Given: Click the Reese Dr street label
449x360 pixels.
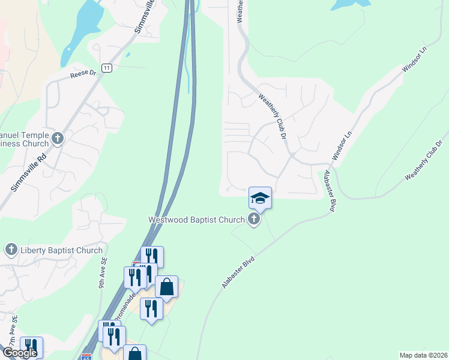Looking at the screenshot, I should tap(83, 74).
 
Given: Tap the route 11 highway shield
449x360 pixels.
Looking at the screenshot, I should tap(107, 68).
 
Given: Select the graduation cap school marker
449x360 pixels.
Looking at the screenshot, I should tap(261, 197).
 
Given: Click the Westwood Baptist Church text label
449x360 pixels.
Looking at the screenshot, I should tap(197, 220).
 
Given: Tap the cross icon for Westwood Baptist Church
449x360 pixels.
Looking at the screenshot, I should tap(254, 219).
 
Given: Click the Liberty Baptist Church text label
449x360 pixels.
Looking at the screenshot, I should tap(61, 250).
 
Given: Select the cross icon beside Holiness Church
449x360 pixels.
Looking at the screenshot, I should tap(58, 139).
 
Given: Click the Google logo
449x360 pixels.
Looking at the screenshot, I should tap(20, 353).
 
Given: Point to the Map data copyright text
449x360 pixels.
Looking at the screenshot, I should tap(423, 355).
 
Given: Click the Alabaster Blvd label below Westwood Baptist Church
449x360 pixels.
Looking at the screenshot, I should tap(238, 273).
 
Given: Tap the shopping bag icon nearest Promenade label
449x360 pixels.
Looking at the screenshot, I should tap(166, 286).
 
